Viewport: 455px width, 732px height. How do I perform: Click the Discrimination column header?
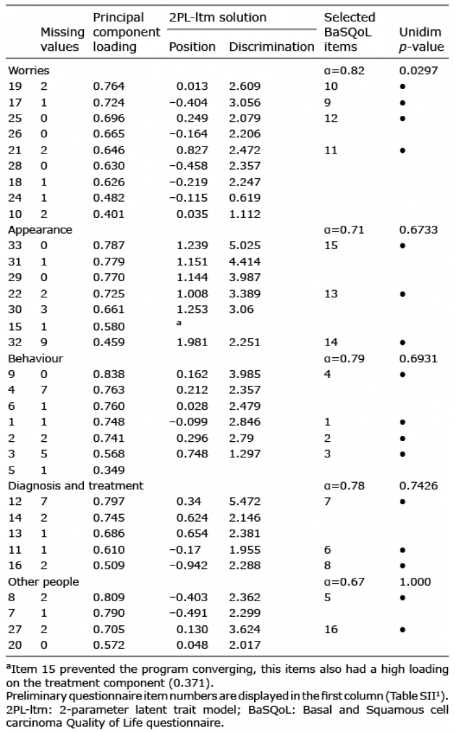click(271, 47)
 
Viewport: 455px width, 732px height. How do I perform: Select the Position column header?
click(192, 47)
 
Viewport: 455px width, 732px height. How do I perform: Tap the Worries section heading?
click(29, 70)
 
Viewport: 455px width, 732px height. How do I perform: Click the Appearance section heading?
click(40, 230)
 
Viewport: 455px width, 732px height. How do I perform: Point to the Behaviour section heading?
click(36, 359)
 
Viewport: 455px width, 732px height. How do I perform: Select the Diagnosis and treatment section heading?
click(75, 485)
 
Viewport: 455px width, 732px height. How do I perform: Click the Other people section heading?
click(44, 582)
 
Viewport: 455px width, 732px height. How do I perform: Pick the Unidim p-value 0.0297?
click(419, 70)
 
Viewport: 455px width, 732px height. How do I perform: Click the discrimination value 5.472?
click(245, 502)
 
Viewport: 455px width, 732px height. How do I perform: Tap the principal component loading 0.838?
click(109, 374)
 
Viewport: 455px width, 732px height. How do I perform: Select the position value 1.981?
click(192, 342)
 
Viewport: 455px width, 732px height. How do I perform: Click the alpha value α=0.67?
click(344, 582)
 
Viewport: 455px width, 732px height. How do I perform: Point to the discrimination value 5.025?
click(245, 245)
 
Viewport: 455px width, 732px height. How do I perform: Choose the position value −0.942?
click(188, 565)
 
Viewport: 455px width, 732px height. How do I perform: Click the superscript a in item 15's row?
click(179, 323)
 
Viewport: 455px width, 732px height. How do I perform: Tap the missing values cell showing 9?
click(44, 342)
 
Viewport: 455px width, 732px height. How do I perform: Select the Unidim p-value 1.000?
click(415, 582)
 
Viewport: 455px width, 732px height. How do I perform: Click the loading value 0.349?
click(109, 470)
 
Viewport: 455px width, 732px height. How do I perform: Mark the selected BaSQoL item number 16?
click(331, 629)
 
